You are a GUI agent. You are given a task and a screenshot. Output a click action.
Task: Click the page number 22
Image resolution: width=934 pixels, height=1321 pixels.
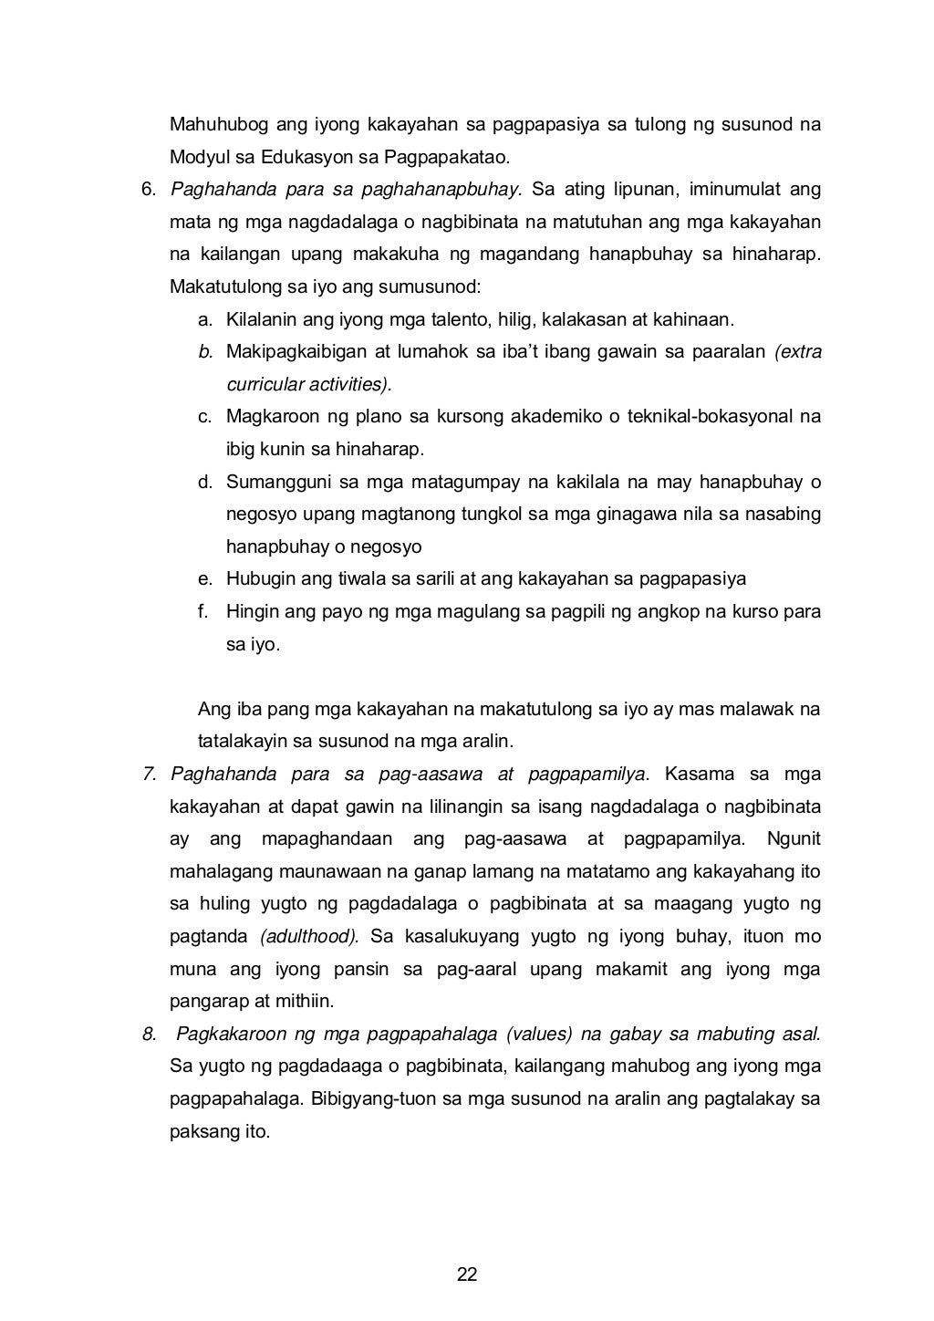pyautogui.click(x=467, y=1274)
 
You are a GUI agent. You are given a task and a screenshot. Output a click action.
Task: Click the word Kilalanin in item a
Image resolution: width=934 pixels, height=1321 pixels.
pyautogui.click(x=259, y=319)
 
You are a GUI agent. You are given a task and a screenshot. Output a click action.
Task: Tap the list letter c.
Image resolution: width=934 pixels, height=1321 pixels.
pyautogui.click(x=204, y=417)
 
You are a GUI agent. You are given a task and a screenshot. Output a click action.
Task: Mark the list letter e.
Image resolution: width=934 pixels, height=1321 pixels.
pyautogui.click(x=204, y=578)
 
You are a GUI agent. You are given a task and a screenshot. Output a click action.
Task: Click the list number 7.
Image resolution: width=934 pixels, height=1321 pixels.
pyautogui.click(x=149, y=775)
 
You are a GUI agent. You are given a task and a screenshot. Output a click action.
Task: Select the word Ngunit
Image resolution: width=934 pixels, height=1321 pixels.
pyautogui.click(x=794, y=838)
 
